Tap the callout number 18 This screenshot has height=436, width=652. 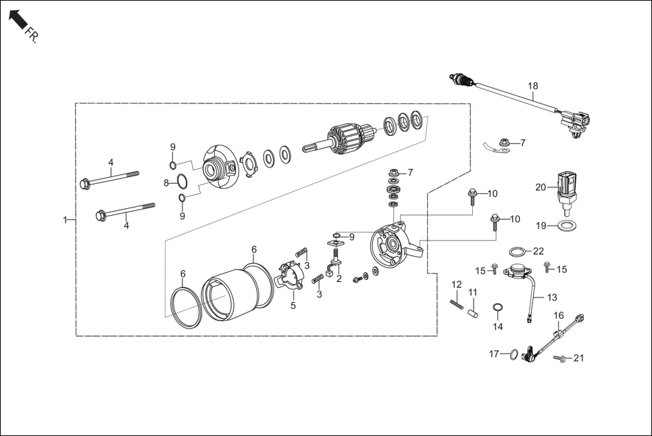point(533,86)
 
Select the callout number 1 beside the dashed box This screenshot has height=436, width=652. point(66,220)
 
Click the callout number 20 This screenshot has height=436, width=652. point(540,187)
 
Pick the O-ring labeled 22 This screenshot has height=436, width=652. point(518,252)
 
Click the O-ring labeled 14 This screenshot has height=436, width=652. point(498,310)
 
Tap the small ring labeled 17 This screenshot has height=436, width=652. point(513,354)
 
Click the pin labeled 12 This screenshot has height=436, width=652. point(456,301)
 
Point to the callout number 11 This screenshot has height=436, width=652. point(473,291)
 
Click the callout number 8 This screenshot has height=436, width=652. point(166,183)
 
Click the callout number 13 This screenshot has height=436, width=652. point(552,297)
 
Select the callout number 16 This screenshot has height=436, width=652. point(559,315)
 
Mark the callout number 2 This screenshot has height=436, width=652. point(339,278)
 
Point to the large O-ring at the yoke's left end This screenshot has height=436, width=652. point(185,307)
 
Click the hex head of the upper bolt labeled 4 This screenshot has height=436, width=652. point(85,183)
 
